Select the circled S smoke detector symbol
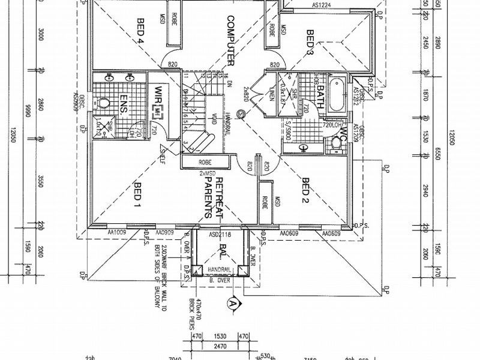(x=241, y=113)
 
